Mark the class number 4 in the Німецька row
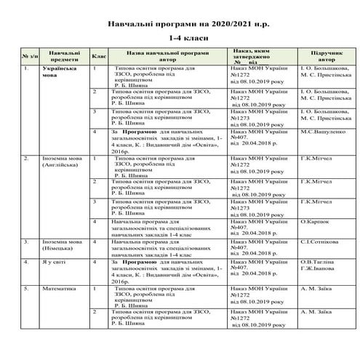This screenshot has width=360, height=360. click(x=95, y=240)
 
